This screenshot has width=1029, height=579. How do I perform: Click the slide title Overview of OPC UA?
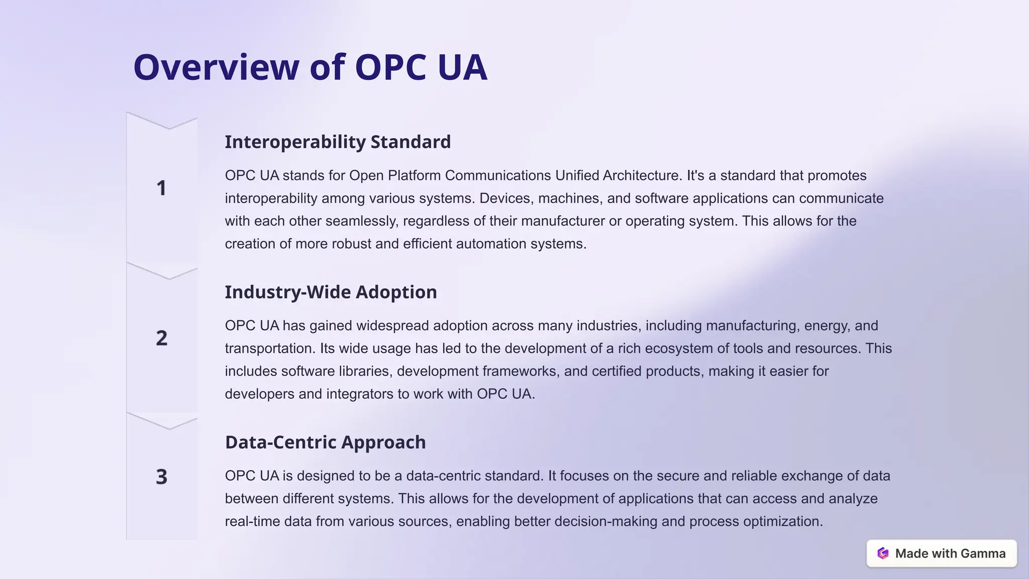click(x=310, y=67)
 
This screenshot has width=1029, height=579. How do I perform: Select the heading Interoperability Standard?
click(x=338, y=142)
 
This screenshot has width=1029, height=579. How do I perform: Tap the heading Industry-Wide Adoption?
click(x=331, y=293)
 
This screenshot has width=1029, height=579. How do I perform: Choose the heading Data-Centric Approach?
click(x=325, y=443)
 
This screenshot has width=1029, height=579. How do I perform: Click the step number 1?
click(x=161, y=188)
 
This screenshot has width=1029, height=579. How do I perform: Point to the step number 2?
click(x=161, y=338)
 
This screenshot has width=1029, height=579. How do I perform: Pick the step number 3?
click(x=161, y=477)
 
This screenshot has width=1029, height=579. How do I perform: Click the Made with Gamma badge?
click(x=941, y=553)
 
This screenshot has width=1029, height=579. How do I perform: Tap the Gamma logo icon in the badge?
click(x=883, y=553)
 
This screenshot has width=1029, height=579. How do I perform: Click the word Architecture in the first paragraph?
click(x=642, y=176)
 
